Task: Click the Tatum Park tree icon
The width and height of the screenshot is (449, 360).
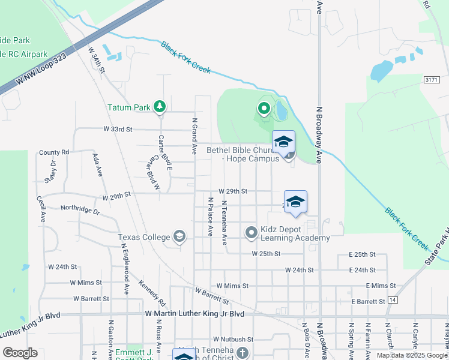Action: (159, 107)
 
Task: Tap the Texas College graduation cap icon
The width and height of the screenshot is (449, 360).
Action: (179, 236)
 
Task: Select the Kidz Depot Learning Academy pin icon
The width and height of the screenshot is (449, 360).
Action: (252, 232)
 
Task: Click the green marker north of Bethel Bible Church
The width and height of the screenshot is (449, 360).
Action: (264, 109)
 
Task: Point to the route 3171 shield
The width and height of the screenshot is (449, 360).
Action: (431, 79)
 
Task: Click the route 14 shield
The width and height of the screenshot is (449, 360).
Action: (393, 299)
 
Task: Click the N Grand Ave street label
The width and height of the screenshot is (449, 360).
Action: (194, 136)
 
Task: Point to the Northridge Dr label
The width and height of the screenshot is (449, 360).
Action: (80, 210)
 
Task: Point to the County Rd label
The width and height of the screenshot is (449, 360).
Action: (54, 152)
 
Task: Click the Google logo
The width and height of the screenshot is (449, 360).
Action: (20, 353)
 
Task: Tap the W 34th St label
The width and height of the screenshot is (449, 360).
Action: (97, 61)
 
